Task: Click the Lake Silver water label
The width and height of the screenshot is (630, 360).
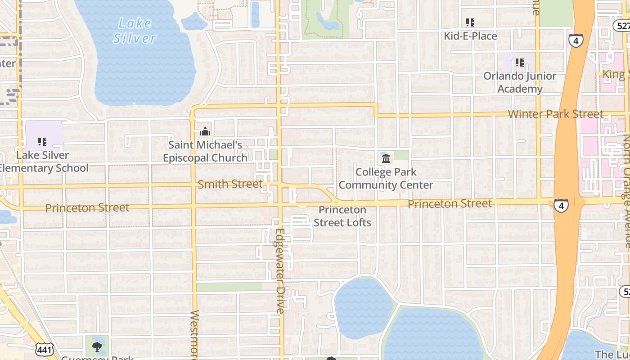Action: [134, 31]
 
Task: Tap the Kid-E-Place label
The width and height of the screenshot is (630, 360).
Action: [470, 36]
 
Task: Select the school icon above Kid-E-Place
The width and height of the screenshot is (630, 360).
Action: [470, 22]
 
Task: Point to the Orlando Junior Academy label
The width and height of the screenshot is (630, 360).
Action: [520, 82]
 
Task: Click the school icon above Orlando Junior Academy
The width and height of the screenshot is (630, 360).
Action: [520, 62]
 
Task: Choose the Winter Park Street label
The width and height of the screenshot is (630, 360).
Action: [555, 114]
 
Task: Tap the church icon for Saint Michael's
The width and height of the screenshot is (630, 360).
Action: [205, 131]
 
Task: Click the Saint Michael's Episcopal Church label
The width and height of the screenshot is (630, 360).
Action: [205, 152]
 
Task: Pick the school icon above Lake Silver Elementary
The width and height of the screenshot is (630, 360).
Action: [42, 142]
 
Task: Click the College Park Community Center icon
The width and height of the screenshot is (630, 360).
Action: [386, 158]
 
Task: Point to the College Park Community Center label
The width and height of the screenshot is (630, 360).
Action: [386, 179]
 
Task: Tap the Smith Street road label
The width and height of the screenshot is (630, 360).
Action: [230, 184]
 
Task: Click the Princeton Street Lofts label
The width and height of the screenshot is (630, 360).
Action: [342, 216]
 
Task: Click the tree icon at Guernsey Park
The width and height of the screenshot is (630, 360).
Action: [97, 346]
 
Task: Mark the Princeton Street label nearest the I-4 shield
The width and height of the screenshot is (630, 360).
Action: [450, 204]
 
